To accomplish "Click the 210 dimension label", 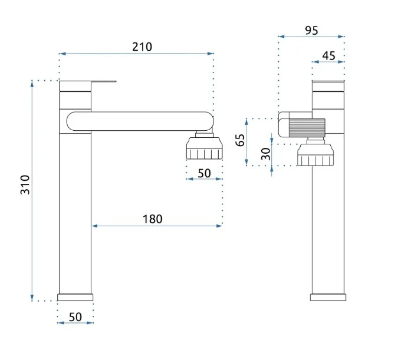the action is [142, 47].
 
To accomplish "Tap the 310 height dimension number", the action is [25, 184].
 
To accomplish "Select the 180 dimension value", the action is [153, 219].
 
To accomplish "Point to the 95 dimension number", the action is [311, 31].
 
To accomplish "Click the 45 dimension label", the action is [328, 56].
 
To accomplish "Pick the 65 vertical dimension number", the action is [240, 140].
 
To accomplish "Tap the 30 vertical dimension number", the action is [266, 154].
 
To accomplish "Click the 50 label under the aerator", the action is [205, 174].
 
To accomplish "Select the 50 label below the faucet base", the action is [75, 317].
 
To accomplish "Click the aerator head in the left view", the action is [205, 148].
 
